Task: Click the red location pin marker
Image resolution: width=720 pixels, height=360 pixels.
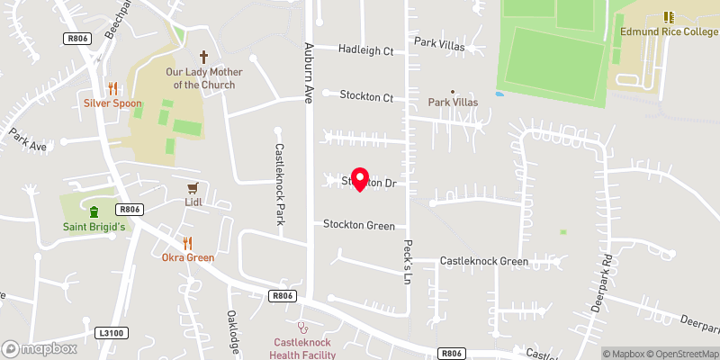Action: click(x=360, y=179)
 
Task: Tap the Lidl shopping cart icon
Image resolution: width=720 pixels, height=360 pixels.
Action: click(x=192, y=188)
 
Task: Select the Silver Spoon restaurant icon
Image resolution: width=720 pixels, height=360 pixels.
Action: click(x=112, y=88)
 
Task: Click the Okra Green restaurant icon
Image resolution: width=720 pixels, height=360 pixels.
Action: click(x=187, y=243)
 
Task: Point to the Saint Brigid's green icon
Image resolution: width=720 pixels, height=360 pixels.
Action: click(x=94, y=212)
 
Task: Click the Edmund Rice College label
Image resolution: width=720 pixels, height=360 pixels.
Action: click(x=669, y=31)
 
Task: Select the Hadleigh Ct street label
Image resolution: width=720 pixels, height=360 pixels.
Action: click(x=366, y=50)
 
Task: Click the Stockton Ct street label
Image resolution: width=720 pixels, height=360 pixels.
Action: click(x=366, y=96)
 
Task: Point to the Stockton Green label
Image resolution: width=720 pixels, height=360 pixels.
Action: click(x=359, y=225)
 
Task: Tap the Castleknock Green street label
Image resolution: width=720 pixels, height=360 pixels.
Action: click(x=483, y=261)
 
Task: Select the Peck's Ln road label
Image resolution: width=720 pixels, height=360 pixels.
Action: click(x=408, y=257)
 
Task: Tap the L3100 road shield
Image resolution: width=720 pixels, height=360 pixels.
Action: click(x=112, y=333)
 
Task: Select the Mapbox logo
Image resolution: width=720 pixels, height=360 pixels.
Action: click(x=39, y=348)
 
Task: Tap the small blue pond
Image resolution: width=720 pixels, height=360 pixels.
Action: click(x=499, y=93)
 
